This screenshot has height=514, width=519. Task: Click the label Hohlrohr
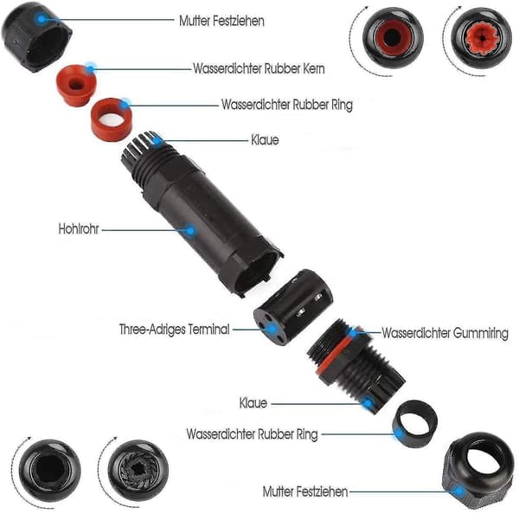79,228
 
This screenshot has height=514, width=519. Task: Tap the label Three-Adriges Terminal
175,329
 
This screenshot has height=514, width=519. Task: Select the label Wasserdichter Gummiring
445,333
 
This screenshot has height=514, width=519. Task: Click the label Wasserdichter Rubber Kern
259,68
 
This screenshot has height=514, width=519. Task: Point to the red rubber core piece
76,85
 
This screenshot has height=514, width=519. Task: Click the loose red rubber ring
112,119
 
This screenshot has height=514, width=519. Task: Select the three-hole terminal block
293,307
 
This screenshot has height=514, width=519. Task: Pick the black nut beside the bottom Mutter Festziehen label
476,470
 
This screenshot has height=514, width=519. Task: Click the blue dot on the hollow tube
190,230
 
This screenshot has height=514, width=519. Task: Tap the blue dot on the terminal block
272,329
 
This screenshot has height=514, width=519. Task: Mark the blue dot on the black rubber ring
400,434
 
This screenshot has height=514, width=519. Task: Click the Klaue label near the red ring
265,140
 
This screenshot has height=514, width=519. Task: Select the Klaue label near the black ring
253,403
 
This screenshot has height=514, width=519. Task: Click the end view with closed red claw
481,38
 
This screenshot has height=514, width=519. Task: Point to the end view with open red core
393,38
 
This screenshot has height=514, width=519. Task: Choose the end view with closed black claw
138,470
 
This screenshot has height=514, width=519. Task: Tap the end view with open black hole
49,470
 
